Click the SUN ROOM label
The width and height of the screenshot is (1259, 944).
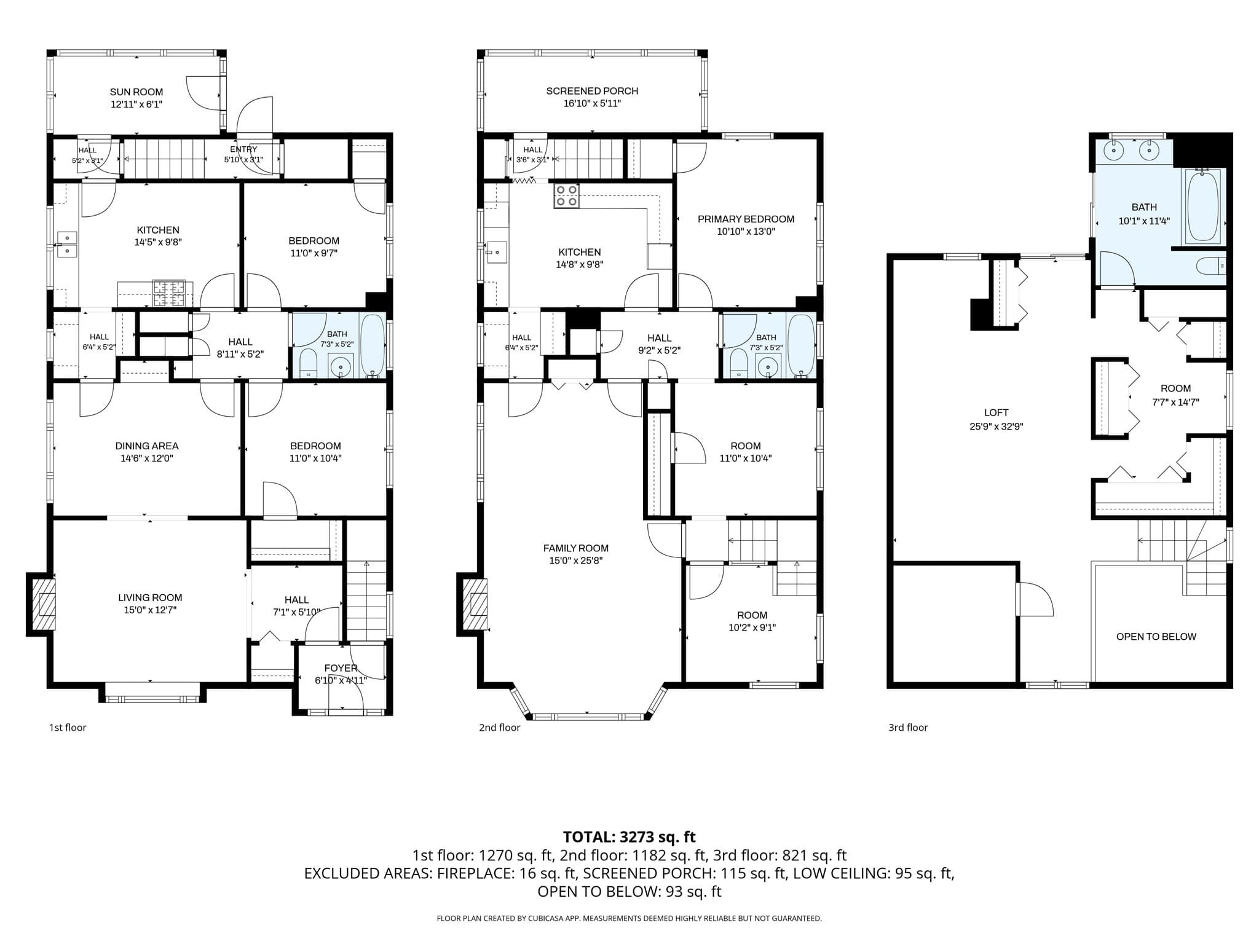136,92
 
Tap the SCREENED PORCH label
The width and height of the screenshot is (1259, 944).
592,91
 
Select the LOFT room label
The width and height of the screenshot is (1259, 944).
996,413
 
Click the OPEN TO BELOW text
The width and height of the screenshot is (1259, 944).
1156,637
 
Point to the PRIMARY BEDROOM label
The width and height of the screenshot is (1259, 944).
746,219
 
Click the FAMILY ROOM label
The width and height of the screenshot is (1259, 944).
576,548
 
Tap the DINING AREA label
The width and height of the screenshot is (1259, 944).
147,446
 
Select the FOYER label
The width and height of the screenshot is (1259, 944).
341,668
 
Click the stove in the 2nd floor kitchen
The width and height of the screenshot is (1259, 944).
566,196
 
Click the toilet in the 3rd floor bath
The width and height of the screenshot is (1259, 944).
1211,266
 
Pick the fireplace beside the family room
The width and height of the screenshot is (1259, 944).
472,605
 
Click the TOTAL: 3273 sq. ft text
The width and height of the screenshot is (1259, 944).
629,837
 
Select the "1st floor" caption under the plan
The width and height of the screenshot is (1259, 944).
68,728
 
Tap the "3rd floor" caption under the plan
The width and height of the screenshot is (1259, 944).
908,728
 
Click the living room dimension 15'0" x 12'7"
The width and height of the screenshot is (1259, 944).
150,610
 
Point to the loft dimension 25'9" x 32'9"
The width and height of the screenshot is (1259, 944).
996,427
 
